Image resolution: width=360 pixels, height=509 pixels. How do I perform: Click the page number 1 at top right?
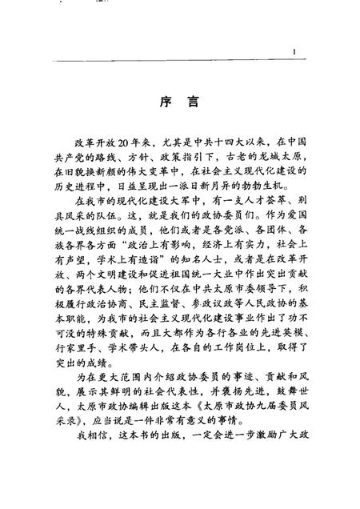click(x=294, y=53)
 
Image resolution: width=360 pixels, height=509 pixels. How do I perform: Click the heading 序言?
click(x=179, y=105)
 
